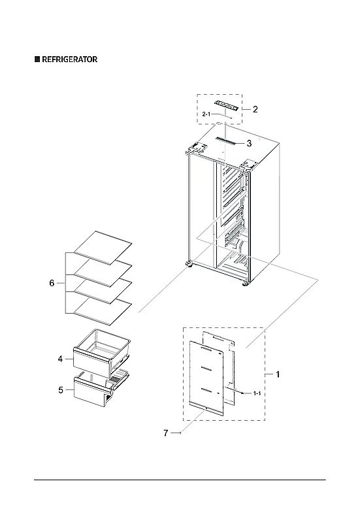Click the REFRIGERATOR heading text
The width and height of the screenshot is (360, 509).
pyautogui.click(x=70, y=59)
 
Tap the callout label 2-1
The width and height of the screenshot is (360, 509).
pyautogui.click(x=207, y=114)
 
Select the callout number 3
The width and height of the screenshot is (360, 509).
pyautogui.click(x=249, y=142)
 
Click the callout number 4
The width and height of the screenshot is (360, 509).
pyautogui.click(x=59, y=359)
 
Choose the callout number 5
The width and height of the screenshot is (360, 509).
pyautogui.click(x=60, y=390)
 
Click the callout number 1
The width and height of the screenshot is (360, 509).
pyautogui.click(x=278, y=374)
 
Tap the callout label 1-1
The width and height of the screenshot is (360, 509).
pyautogui.click(x=257, y=394)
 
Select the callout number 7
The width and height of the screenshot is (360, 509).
pyautogui.click(x=166, y=433)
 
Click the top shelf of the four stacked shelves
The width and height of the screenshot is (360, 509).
pyautogui.click(x=103, y=246)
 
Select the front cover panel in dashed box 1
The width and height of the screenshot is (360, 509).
pyautogui.click(x=207, y=379)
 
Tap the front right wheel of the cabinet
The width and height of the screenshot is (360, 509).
pyautogui.click(x=246, y=284)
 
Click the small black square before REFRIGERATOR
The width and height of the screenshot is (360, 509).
pyautogui.click(x=37, y=59)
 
